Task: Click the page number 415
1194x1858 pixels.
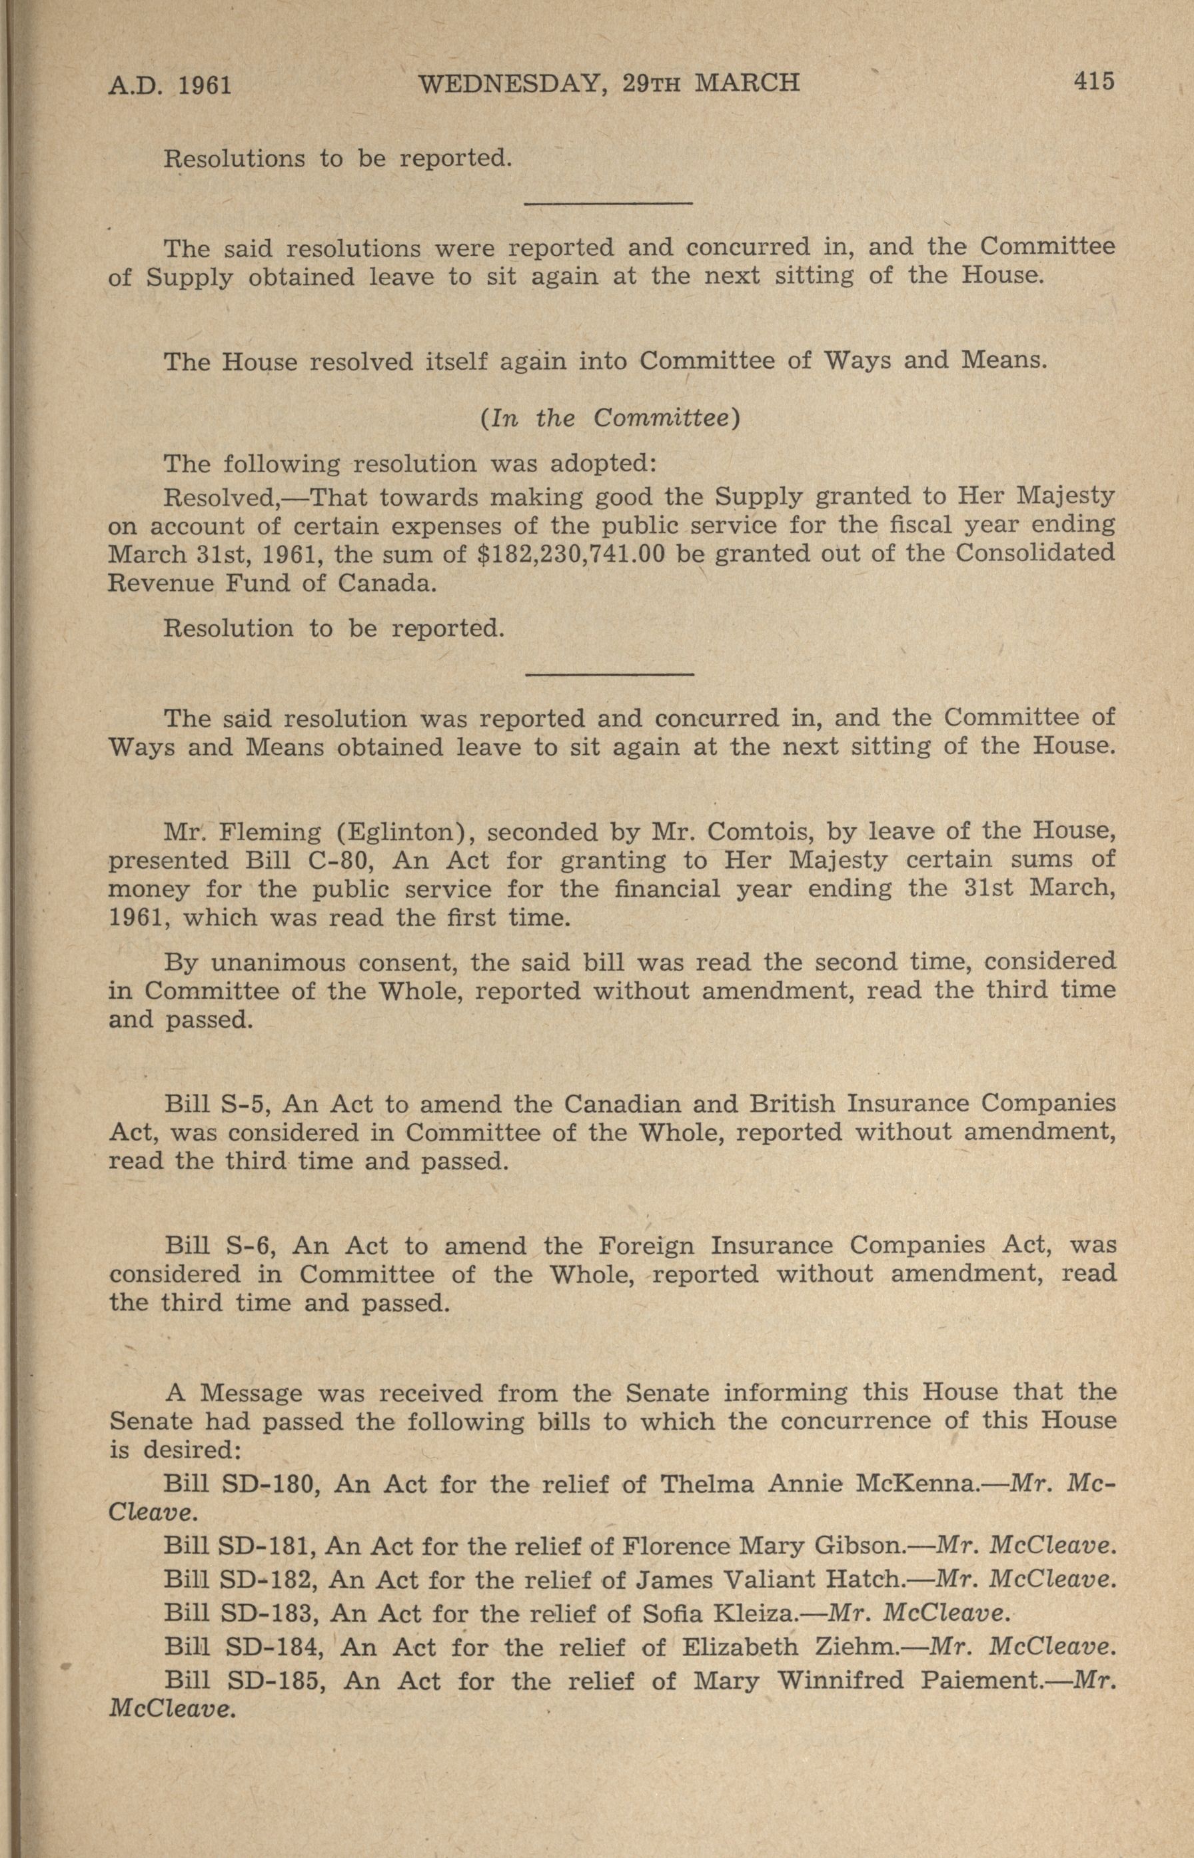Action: [x=1093, y=81]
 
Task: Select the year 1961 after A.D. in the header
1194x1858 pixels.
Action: [x=205, y=84]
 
